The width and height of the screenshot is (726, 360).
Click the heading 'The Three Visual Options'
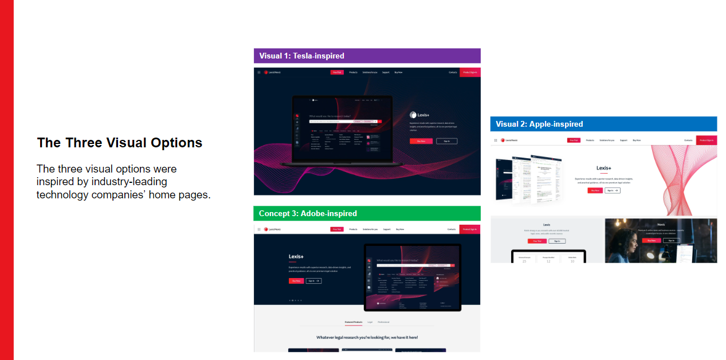119,143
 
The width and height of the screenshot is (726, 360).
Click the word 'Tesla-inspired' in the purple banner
319,56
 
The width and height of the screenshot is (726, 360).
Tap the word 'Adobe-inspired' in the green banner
329,213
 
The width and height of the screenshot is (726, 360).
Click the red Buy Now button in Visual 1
421,140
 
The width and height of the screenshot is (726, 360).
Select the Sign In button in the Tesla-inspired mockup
446,140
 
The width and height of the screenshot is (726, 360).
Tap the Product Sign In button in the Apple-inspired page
706,140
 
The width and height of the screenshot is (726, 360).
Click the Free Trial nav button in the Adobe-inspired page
337,229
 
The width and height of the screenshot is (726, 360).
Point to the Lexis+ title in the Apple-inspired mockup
604,168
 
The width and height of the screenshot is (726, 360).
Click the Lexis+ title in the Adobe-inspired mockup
296,256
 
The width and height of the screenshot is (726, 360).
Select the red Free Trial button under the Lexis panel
537,241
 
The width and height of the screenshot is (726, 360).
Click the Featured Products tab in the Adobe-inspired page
353,322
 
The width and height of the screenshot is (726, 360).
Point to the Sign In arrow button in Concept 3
313,281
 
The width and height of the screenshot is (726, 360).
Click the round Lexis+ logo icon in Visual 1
413,115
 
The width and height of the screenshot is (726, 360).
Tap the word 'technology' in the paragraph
62,194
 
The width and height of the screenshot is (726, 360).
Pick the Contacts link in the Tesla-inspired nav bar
453,72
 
